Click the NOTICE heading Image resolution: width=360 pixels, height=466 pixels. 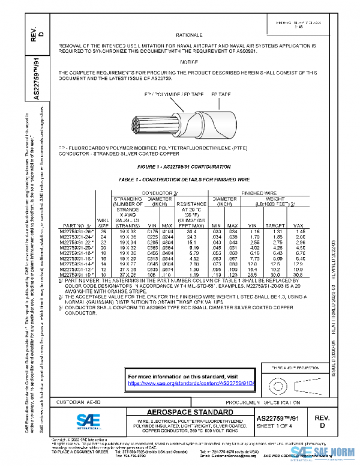click(189, 62)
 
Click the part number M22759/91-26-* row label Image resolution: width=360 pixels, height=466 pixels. click(77, 231)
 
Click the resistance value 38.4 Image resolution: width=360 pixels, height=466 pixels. click(186, 231)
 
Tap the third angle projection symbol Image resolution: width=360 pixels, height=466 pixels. click(285, 383)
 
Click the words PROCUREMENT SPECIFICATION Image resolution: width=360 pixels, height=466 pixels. click(263, 401)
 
